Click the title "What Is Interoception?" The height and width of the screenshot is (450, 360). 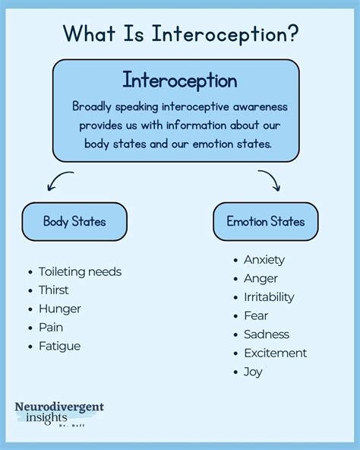(179, 33)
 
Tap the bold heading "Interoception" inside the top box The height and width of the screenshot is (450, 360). (179, 81)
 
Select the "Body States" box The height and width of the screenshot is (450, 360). (74, 222)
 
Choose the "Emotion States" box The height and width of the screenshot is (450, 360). (265, 222)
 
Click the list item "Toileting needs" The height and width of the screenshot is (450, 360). (80, 271)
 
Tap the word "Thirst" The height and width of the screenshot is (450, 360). (53, 290)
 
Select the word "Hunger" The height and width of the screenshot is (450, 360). (59, 309)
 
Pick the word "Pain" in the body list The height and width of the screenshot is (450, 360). (50, 327)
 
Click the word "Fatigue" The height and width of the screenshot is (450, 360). (59, 346)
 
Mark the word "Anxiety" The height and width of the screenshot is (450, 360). (264, 260)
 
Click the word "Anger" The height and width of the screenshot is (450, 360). (261, 278)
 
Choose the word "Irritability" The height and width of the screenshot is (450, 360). (269, 297)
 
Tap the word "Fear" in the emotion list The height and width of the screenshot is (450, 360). (256, 315)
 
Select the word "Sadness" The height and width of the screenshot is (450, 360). (267, 334)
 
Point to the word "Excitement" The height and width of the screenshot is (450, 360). (275, 353)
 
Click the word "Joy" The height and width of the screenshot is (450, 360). (254, 372)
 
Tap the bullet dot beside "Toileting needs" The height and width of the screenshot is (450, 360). (29, 272)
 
